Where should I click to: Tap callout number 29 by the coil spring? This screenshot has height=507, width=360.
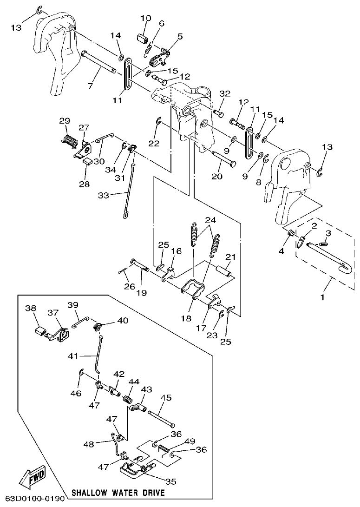point(65,121)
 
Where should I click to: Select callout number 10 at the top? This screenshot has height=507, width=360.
point(145,18)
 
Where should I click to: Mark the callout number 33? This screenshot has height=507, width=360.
point(103,196)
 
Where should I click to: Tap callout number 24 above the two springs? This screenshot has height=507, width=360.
point(210,219)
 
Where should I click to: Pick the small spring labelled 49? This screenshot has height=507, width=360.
point(164,448)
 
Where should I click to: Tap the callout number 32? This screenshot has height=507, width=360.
point(225,94)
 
